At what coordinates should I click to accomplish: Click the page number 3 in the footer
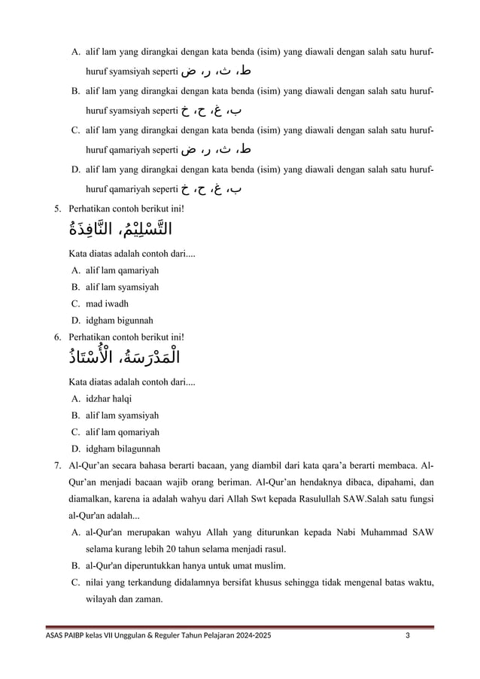coord(407,636)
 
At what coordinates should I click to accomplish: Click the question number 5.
coord(57,208)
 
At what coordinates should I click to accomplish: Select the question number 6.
coord(57,337)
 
